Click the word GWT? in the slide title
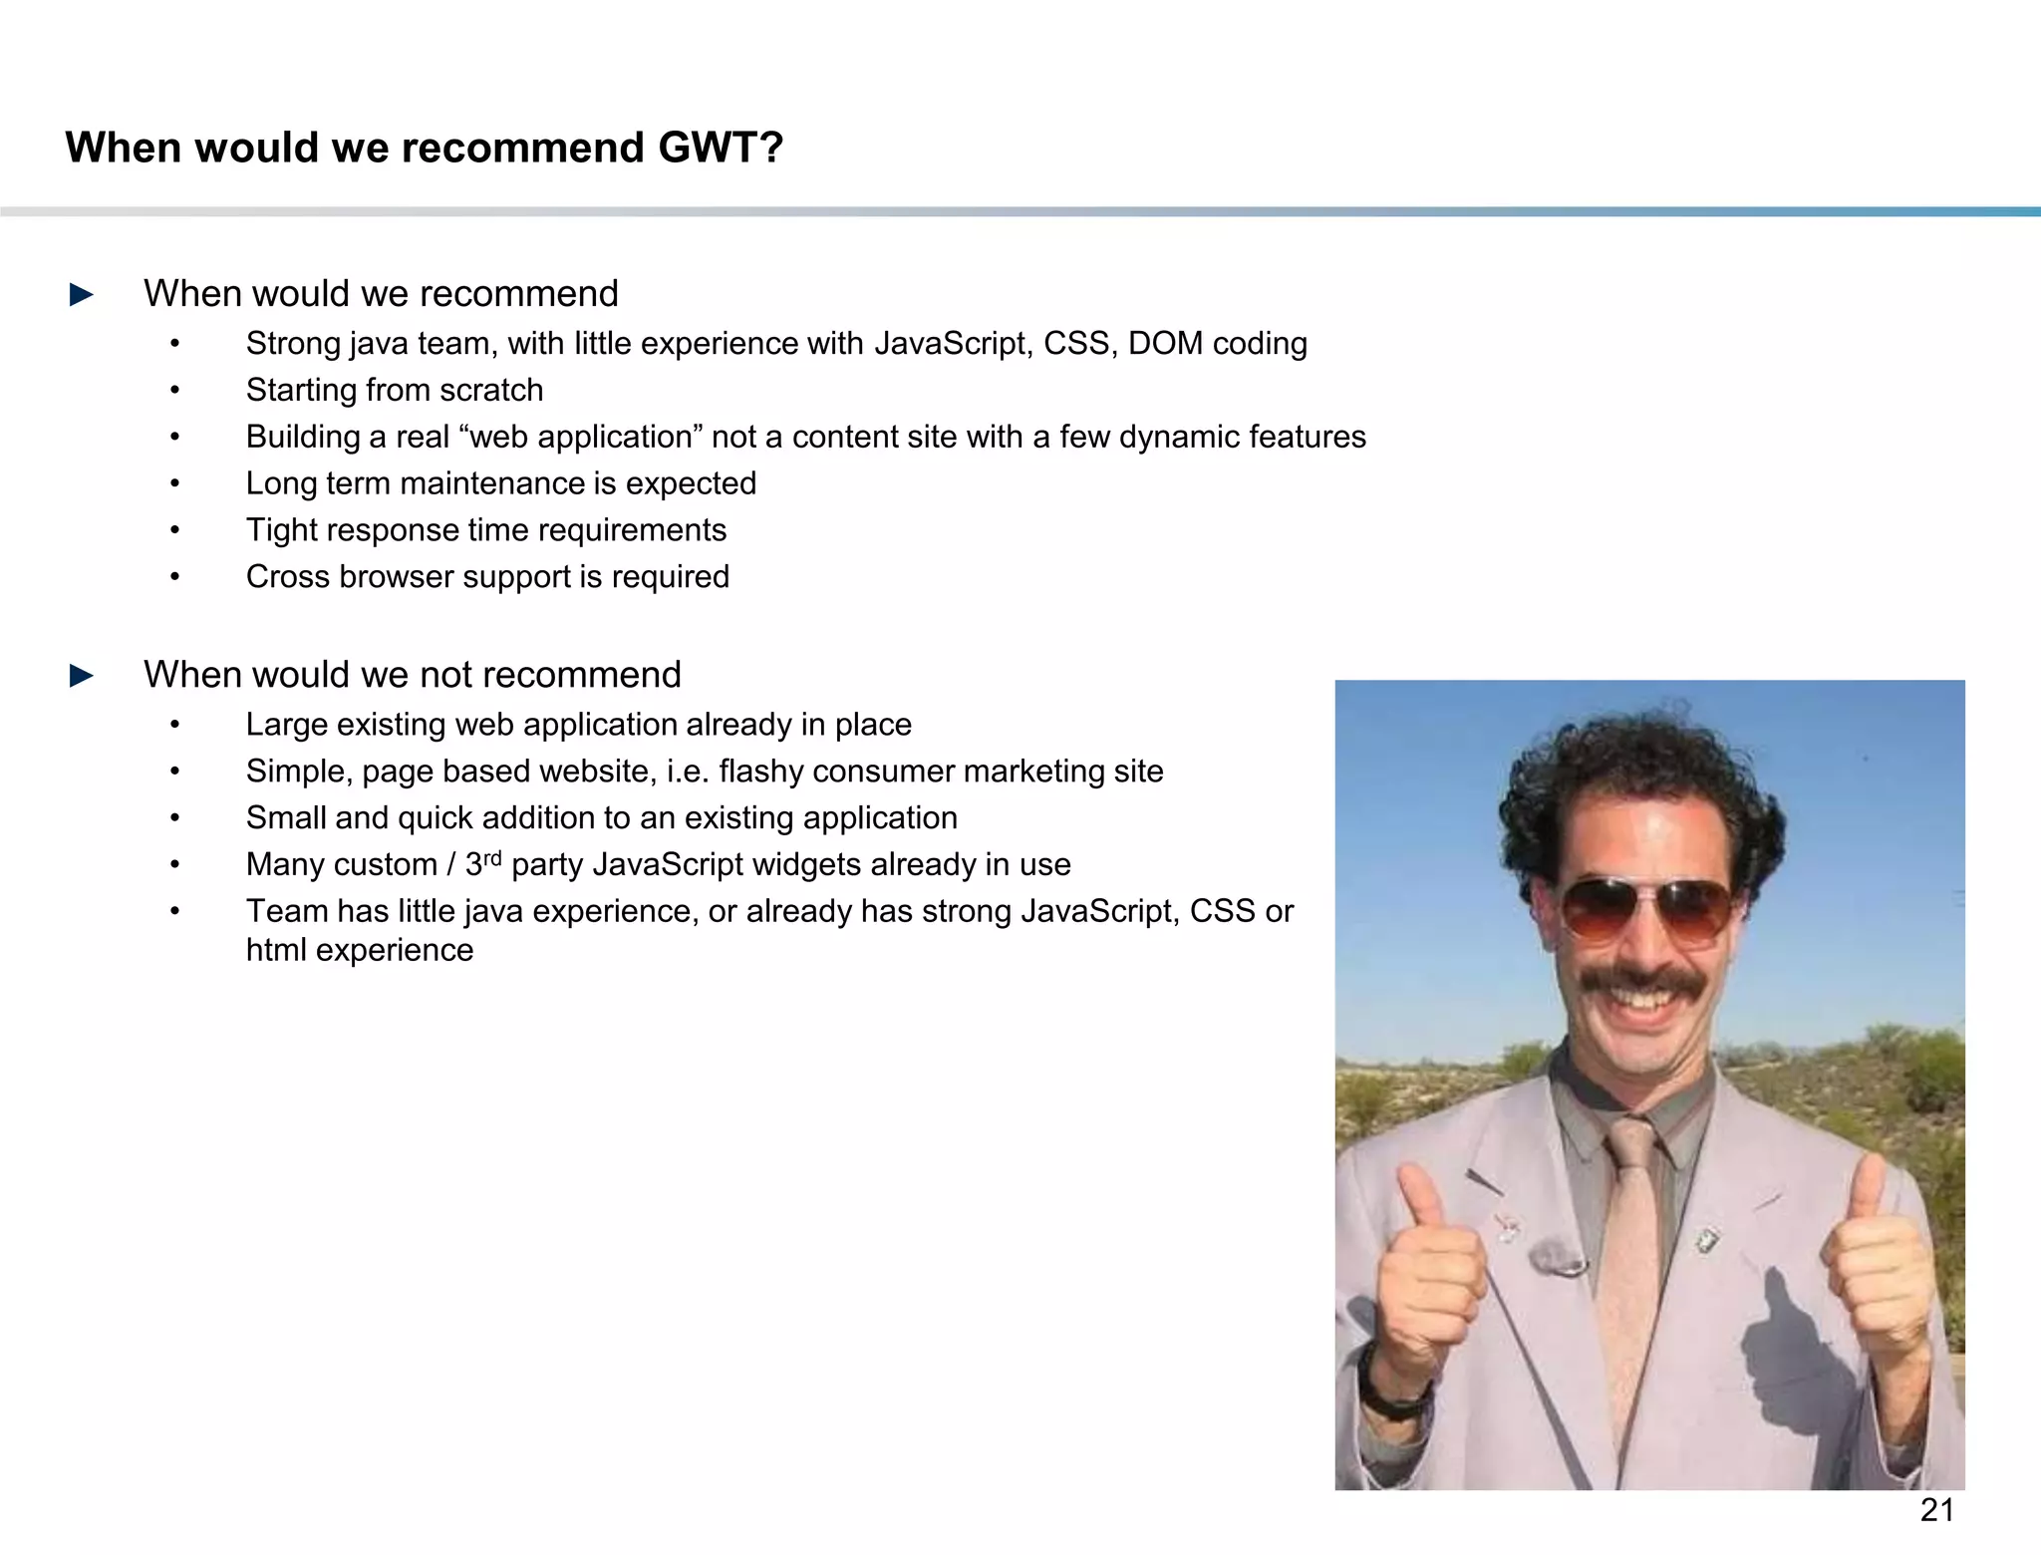point(720,148)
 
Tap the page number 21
point(1936,1510)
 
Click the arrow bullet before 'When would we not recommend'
point(82,676)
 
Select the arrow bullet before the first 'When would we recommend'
point(82,295)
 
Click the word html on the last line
point(277,950)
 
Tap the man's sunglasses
point(1645,909)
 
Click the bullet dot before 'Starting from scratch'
point(174,391)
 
